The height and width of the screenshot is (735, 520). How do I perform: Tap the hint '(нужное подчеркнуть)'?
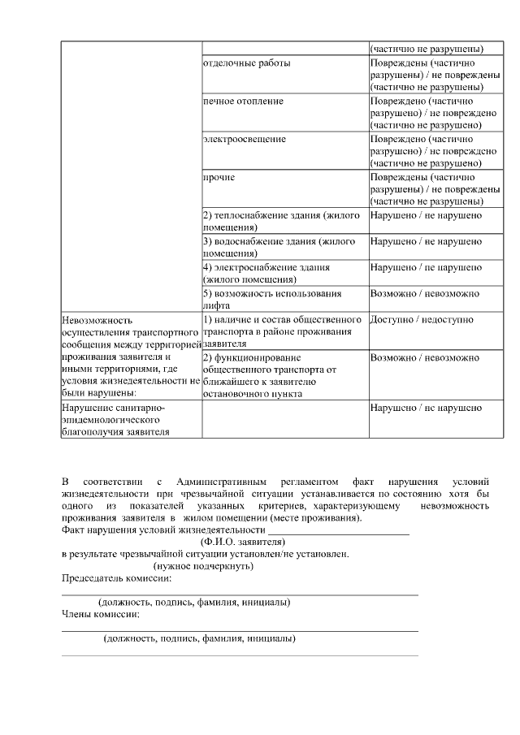tap(204, 566)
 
